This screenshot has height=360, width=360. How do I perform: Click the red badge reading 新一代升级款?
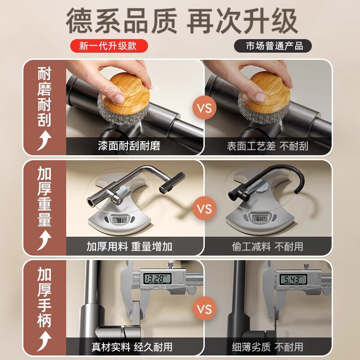coord(109,46)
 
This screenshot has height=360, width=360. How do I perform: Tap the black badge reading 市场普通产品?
coord(273,46)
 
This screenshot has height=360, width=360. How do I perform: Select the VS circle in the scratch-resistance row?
coord(204,108)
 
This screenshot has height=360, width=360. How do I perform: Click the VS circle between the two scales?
coord(204,208)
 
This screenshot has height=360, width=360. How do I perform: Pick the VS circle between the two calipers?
coord(204,308)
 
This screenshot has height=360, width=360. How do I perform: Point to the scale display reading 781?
coord(119,220)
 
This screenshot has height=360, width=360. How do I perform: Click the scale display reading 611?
coord(260,218)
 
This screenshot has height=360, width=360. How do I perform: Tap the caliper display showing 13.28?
coord(157,279)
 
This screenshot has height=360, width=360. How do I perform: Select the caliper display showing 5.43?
coord(293,279)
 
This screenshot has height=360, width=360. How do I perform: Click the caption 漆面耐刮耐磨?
coord(129,146)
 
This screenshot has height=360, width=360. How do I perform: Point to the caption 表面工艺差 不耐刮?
coord(267,146)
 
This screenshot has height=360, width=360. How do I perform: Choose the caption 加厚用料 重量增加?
coord(129,246)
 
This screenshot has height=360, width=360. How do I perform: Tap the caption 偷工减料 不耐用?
coord(267,247)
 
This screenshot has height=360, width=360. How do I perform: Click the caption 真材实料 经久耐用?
coord(132,346)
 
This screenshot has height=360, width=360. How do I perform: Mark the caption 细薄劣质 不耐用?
coord(267,346)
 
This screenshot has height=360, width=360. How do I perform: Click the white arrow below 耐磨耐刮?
coord(45,140)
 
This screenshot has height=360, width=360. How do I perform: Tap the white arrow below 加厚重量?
coord(45,240)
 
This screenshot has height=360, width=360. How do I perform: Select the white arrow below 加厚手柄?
coord(45,341)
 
